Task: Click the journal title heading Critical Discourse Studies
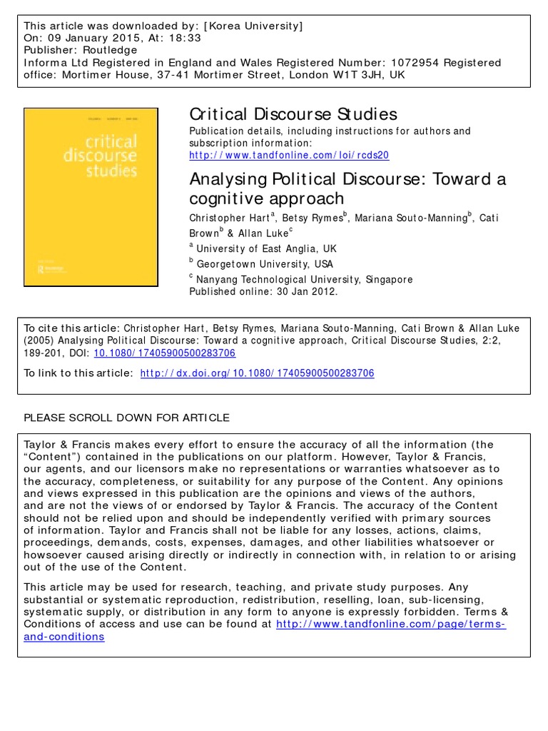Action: (x=293, y=114)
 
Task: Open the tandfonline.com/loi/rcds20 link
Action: (x=289, y=155)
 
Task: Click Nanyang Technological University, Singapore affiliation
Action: (x=305, y=279)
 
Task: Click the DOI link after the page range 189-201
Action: (x=164, y=353)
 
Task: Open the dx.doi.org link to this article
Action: (x=257, y=373)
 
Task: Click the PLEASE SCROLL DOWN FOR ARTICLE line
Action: (x=127, y=418)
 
